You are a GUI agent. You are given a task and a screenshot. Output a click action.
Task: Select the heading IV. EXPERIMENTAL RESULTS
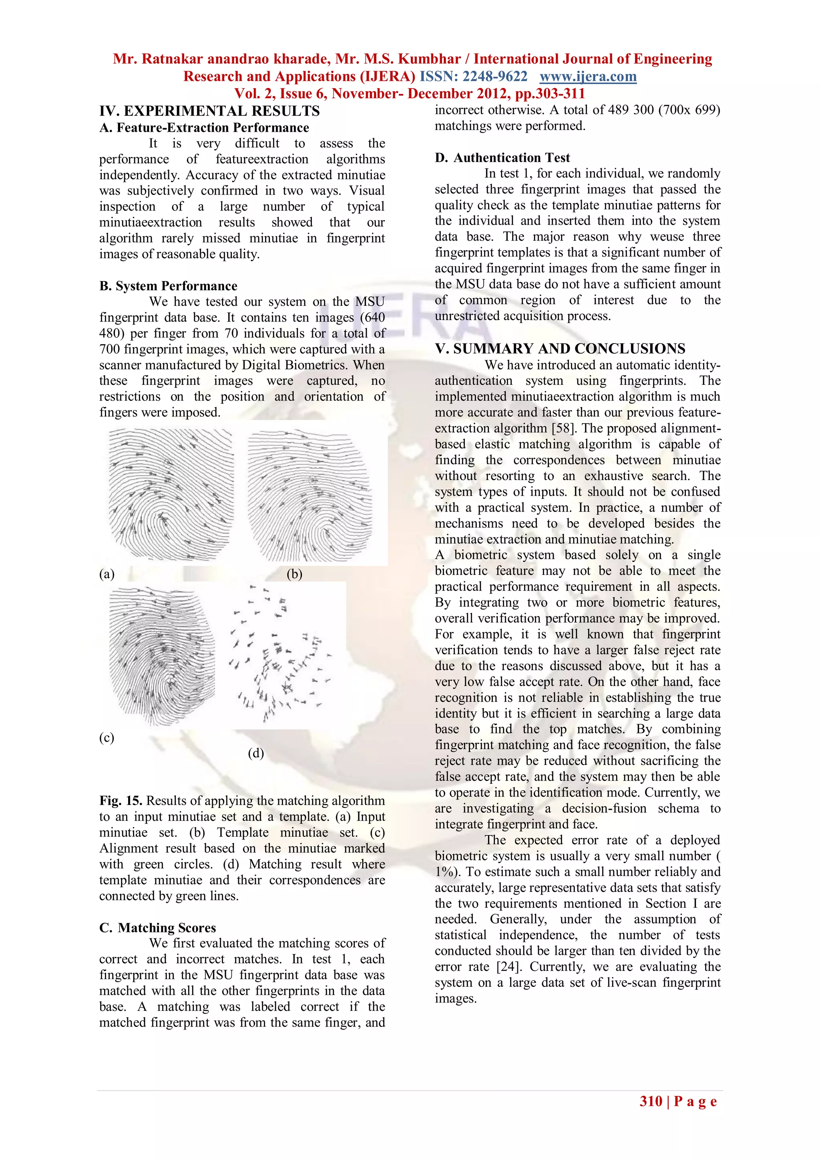[x=209, y=111]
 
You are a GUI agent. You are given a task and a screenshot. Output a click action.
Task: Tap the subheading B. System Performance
[x=168, y=286]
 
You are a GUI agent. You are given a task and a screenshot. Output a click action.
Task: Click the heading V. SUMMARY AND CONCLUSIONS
[x=560, y=348]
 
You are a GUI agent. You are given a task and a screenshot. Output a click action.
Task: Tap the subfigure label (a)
[x=107, y=574]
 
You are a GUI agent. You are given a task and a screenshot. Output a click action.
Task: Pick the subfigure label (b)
[x=294, y=574]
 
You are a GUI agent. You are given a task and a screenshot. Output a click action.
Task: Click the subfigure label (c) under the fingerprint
[x=107, y=737]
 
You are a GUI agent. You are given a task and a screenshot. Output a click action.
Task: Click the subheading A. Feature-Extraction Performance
[x=204, y=128]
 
